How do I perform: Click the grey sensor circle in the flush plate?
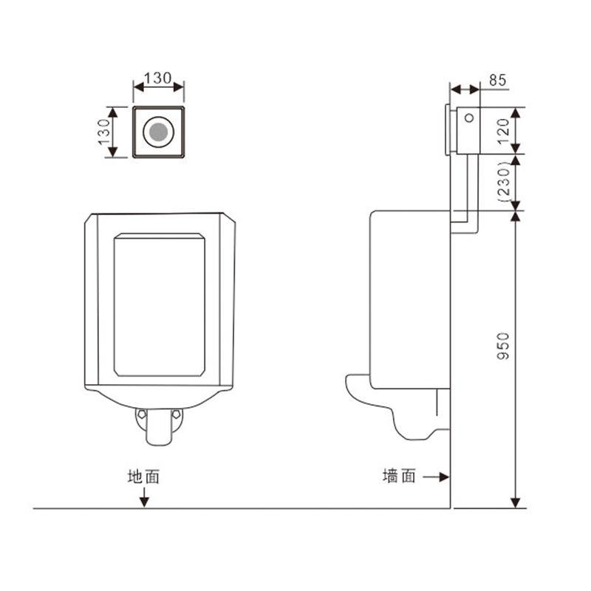(158, 131)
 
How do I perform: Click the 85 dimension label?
(497, 81)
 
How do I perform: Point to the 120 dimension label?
(503, 131)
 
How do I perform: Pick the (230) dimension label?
(503, 182)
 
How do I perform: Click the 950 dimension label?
(503, 346)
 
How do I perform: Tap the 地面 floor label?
(143, 476)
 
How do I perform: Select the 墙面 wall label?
(399, 476)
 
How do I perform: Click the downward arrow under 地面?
(143, 497)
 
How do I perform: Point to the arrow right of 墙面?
(436, 477)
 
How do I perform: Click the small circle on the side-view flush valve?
(469, 118)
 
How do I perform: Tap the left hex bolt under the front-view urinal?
(141, 414)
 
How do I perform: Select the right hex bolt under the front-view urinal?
(176, 414)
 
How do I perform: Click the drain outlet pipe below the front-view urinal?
(159, 427)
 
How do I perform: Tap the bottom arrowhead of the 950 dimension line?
(515, 503)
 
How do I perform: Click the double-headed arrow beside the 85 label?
(465, 89)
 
